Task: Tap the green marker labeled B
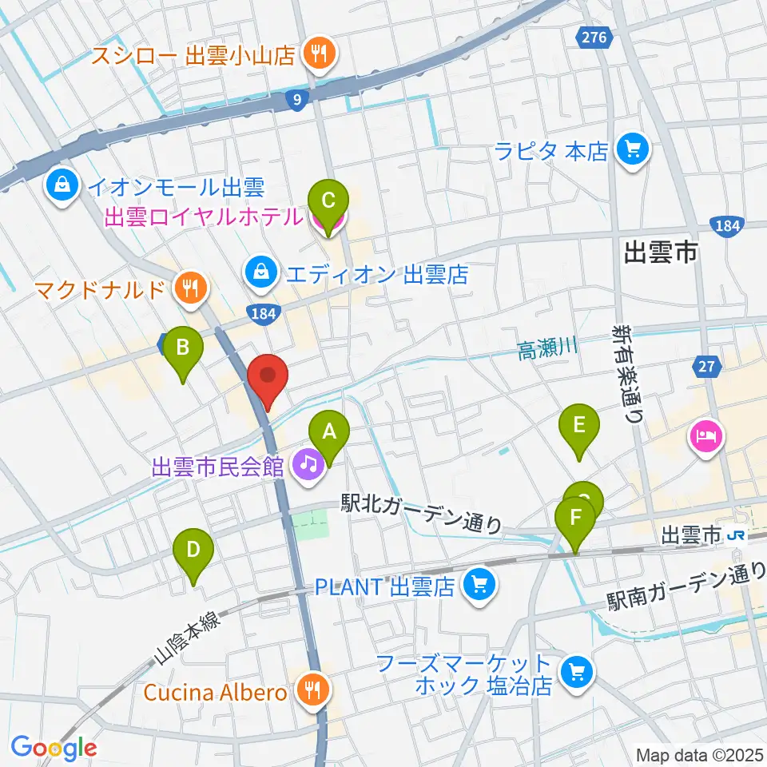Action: (x=183, y=350)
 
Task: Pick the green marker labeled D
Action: (x=193, y=551)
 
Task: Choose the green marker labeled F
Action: (x=575, y=519)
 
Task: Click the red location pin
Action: (x=268, y=376)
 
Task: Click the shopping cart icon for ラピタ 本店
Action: (x=634, y=149)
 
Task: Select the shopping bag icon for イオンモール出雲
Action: (x=62, y=188)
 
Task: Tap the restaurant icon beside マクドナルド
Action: (x=189, y=287)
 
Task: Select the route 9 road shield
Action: (x=297, y=100)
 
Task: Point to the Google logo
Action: (x=54, y=748)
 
